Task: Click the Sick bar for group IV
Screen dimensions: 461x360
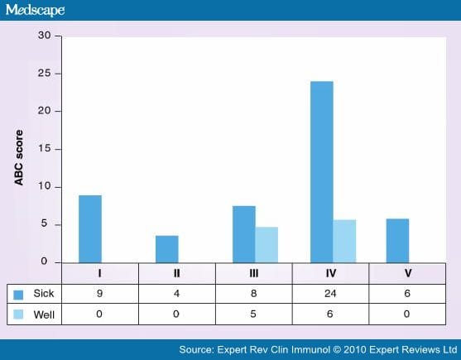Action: tap(322, 172)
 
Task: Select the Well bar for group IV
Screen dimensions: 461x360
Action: tap(344, 242)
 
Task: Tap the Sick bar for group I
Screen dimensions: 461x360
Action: tap(90, 229)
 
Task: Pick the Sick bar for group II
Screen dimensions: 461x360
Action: tap(167, 249)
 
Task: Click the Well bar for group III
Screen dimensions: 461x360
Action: tap(267, 245)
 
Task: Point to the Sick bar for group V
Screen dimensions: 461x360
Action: tap(397, 241)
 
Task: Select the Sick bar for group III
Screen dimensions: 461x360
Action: tap(244, 234)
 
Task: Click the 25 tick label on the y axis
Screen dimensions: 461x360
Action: tap(44, 73)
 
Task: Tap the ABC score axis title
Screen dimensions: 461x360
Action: tap(19, 157)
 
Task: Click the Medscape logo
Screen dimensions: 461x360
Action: tap(35, 10)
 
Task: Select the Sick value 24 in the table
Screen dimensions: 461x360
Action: tap(330, 293)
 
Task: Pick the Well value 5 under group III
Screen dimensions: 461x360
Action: tap(253, 314)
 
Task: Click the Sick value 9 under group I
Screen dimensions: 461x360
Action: tap(99, 293)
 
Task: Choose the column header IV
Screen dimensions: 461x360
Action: tap(331, 273)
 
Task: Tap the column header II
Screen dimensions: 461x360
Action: tap(176, 273)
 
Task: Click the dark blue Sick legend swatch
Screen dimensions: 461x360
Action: tap(18, 295)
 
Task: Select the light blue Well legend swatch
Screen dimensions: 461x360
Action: tap(18, 314)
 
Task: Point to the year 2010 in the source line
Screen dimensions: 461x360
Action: tap(355, 350)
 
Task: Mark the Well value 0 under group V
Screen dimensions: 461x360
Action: tap(406, 314)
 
